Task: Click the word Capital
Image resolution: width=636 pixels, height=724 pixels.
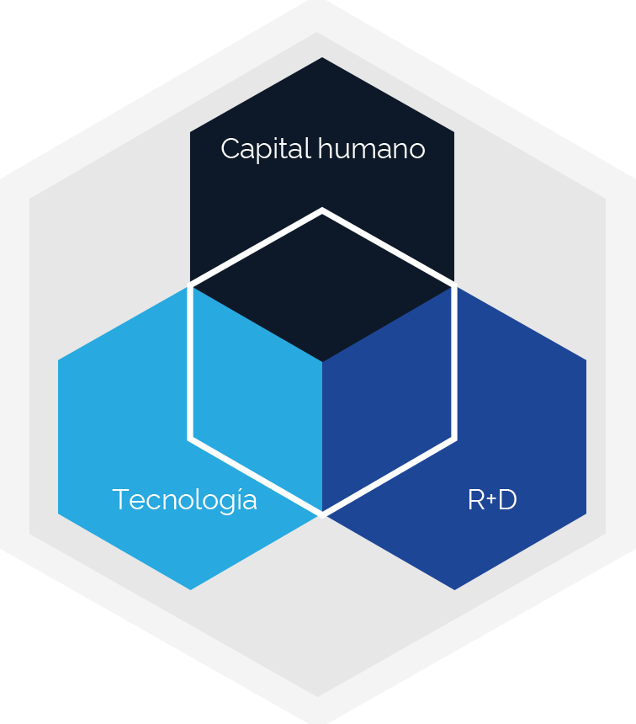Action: [265, 149]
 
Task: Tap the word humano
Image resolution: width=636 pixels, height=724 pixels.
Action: [371, 148]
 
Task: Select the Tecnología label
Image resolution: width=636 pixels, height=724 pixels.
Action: [184, 500]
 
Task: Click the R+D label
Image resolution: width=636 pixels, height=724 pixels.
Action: [492, 499]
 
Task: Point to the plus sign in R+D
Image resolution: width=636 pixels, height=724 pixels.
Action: [491, 498]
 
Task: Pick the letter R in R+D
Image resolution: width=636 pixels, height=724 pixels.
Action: [476, 499]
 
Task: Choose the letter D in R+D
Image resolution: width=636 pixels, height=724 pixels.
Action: [507, 499]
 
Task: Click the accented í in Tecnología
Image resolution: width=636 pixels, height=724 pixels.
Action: [236, 499]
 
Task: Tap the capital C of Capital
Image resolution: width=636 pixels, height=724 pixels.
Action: [231, 149]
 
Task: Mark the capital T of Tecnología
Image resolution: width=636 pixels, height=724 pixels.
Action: [120, 499]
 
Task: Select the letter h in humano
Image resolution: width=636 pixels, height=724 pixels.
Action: [326, 148]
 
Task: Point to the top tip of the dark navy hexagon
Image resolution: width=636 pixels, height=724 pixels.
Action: [321, 58]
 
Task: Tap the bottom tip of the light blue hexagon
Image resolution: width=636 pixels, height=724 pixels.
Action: [190, 589]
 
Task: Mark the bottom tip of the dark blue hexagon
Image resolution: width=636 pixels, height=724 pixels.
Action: [454, 589]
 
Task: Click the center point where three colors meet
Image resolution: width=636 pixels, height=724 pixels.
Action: [322, 361]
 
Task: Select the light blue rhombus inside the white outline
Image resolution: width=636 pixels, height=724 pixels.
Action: [257, 399]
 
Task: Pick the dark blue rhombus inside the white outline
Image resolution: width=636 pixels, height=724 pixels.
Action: [387, 399]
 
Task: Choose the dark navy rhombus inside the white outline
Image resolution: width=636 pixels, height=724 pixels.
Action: [322, 287]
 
